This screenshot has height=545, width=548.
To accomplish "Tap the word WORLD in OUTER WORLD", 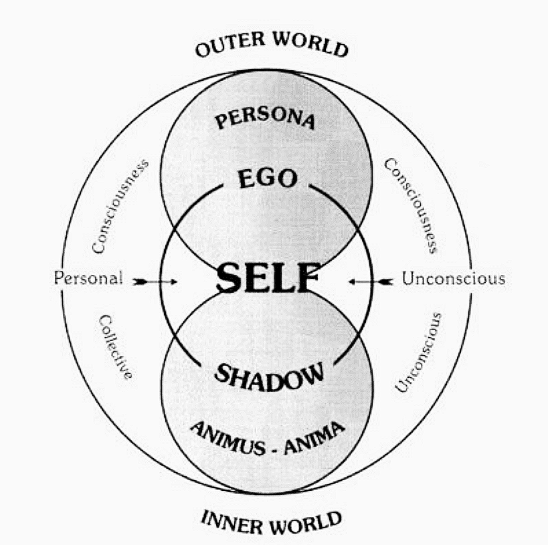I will [x=311, y=45].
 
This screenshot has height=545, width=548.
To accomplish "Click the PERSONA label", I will [x=265, y=120].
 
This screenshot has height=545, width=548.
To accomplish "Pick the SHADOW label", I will [x=268, y=376].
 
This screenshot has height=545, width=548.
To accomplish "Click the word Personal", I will [x=88, y=279].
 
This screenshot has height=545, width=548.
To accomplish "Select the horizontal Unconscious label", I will [x=453, y=279].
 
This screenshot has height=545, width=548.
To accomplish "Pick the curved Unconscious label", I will [x=418, y=351].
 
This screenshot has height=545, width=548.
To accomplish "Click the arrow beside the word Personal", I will [x=155, y=282].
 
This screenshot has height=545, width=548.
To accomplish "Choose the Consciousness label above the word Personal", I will [x=120, y=206].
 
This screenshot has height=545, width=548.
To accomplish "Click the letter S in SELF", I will [x=230, y=278].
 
